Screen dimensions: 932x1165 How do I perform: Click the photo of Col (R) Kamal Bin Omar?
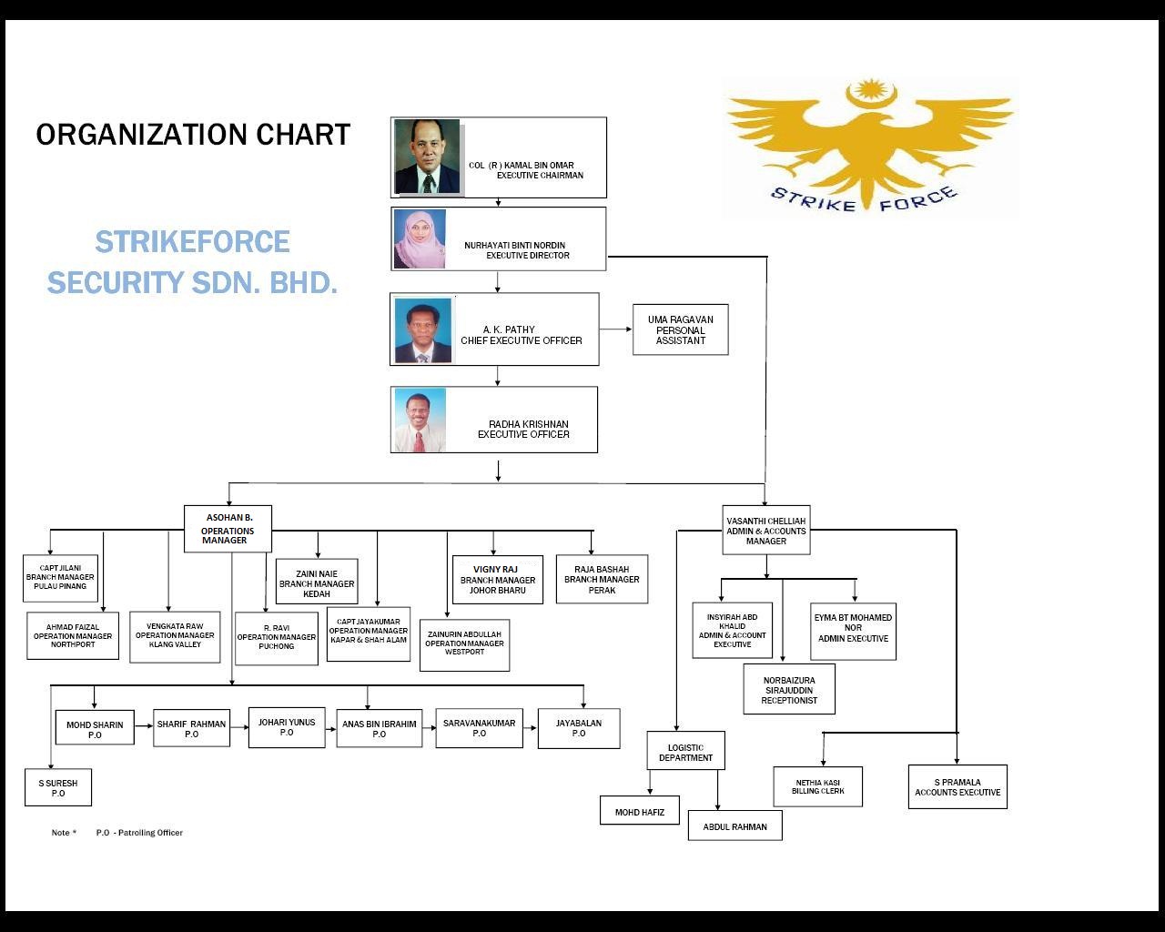(427, 157)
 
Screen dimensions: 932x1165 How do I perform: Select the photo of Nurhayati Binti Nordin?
(420, 239)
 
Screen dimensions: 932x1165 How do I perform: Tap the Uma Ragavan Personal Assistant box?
(680, 329)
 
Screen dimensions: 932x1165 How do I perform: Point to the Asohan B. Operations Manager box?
(228, 529)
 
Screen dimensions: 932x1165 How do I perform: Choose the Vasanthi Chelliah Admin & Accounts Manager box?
(765, 531)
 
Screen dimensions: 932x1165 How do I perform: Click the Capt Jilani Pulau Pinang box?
(60, 578)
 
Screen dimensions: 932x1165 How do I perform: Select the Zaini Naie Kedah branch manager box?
(317, 582)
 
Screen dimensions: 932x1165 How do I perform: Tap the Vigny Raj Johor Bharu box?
(497, 580)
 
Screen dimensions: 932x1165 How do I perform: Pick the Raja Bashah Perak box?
(602, 580)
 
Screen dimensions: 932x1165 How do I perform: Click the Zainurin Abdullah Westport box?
(464, 644)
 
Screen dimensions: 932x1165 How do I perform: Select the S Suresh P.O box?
(58, 787)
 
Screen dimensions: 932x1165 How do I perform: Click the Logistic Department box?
(685, 752)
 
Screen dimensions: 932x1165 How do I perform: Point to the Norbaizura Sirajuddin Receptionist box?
(789, 690)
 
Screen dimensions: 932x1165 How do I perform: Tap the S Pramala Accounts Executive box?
(957, 787)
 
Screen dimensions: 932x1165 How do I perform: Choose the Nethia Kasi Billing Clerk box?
(817, 787)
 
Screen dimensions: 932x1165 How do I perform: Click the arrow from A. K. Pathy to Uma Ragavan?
(616, 329)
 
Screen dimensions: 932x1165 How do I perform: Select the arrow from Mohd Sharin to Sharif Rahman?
(144, 726)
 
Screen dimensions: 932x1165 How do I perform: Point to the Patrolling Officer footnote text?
(139, 833)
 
